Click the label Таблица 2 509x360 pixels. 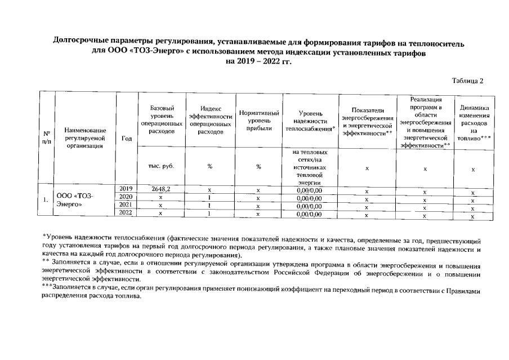(468, 81)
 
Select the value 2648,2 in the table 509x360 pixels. (160, 189)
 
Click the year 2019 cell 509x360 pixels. (126, 189)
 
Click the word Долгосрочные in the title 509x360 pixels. (82, 42)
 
